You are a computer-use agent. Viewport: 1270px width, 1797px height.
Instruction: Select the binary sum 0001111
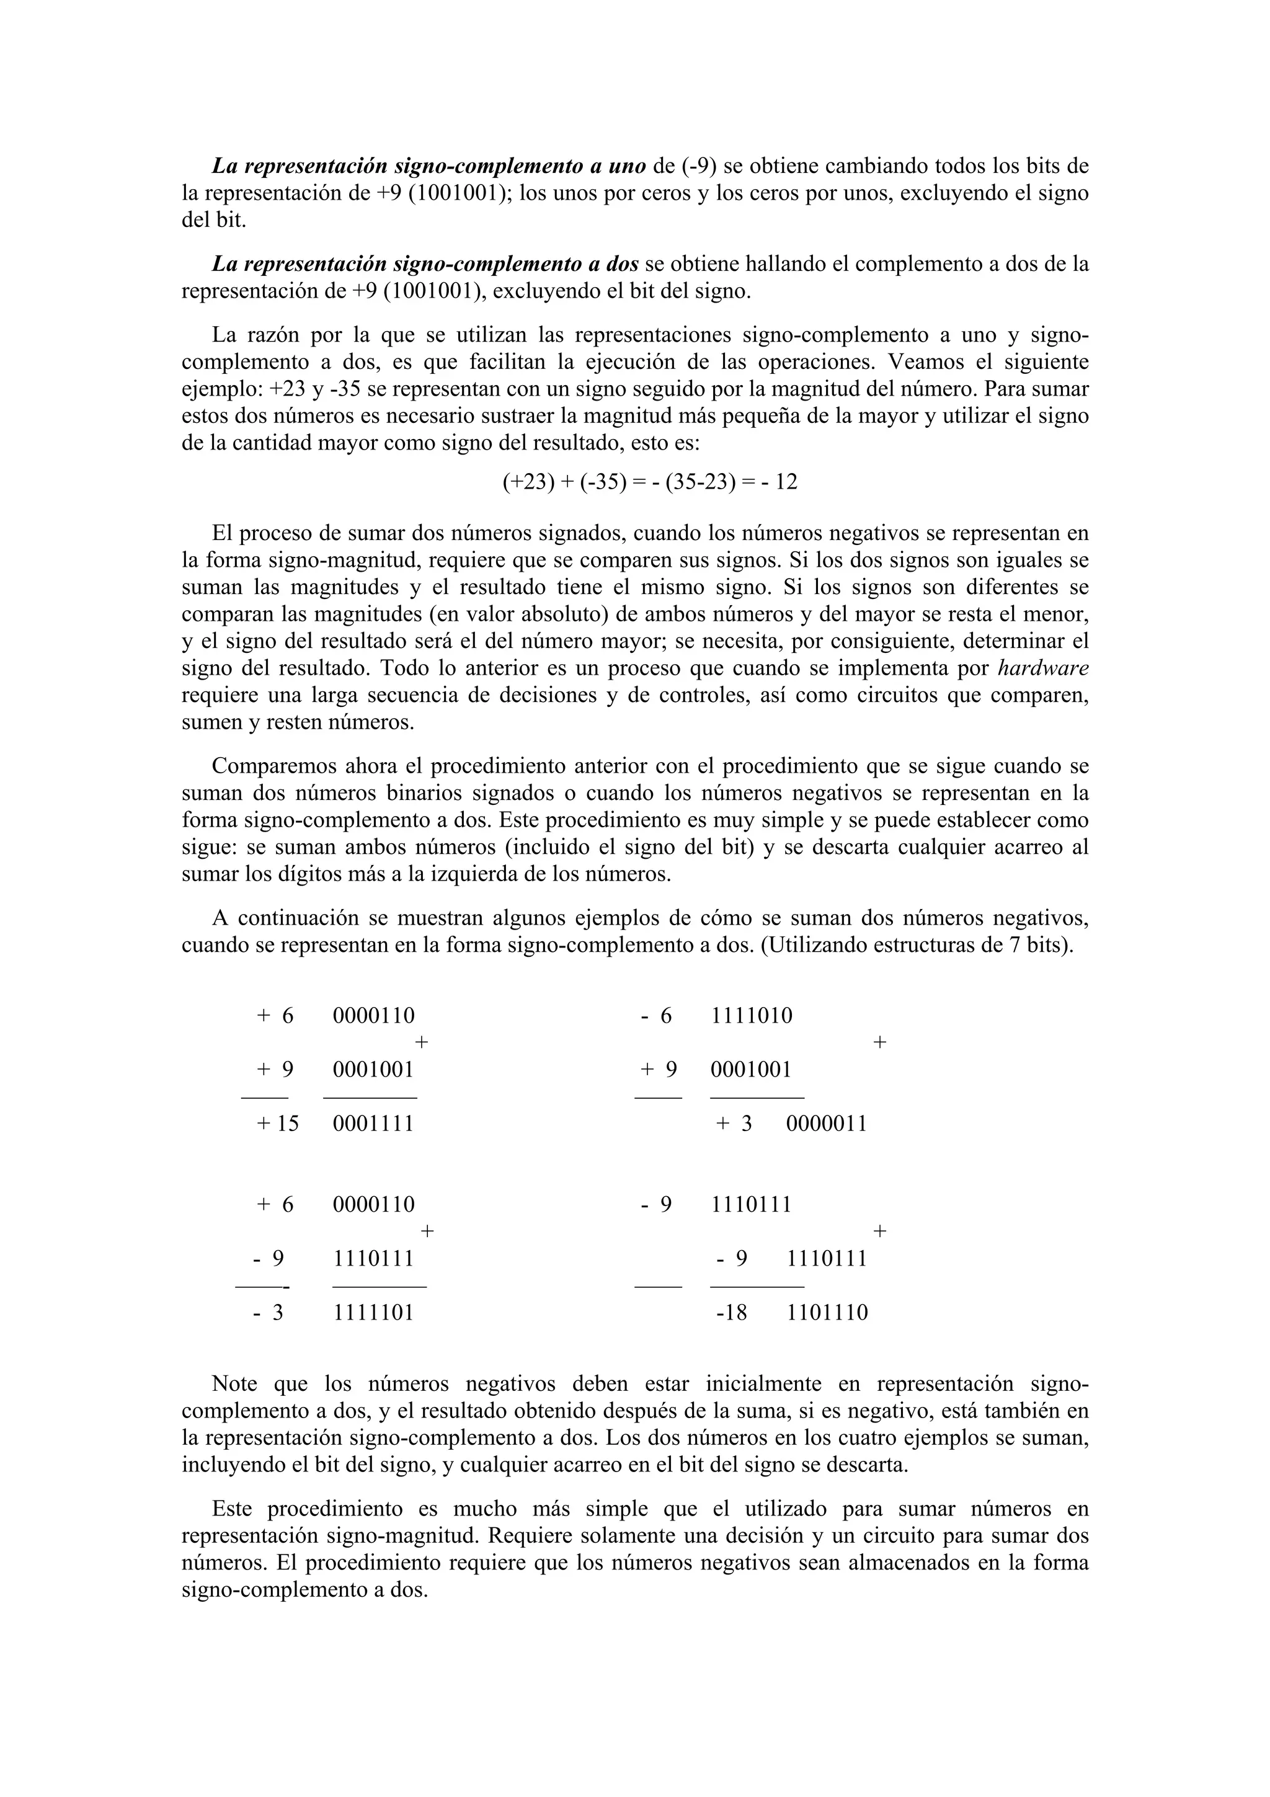373,1124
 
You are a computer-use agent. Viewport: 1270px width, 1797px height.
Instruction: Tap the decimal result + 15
278,1124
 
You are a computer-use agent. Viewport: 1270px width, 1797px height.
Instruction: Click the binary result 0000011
827,1124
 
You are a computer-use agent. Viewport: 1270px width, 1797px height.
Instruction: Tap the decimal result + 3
734,1124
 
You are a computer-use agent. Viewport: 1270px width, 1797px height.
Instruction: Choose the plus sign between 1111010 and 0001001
879,1042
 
